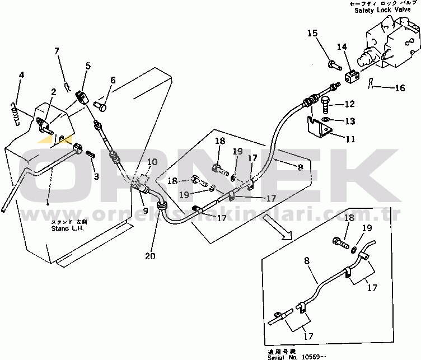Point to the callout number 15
point(313,34)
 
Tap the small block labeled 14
point(351,77)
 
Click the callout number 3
point(96,176)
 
